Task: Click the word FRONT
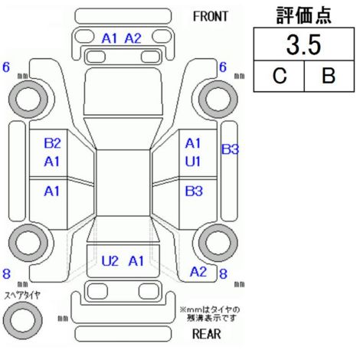coord(210,17)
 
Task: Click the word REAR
coord(207,334)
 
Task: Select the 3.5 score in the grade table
coord(303,45)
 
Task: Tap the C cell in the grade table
coord(280,76)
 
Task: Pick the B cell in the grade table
coord(329,76)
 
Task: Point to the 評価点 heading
coord(303,15)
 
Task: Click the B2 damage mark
coord(52,143)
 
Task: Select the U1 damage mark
coord(193,162)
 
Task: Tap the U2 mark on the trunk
coord(110,261)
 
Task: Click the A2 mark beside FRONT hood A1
coord(133,38)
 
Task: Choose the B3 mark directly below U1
coord(194,191)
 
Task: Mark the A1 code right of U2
coord(136,261)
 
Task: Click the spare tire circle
coord(23,320)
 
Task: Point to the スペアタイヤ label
coord(22,296)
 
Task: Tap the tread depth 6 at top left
coord(6,67)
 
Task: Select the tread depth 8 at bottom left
coord(6,273)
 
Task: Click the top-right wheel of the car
coord(218,99)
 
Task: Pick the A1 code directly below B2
coord(52,162)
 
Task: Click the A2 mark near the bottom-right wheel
coord(198,272)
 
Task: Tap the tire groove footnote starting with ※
coord(210,314)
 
